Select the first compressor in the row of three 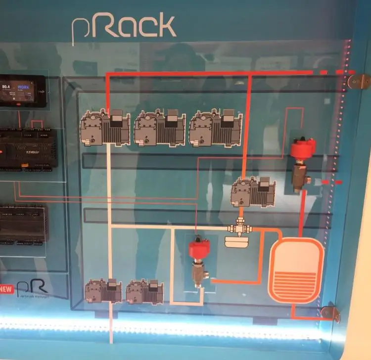[x=105, y=128]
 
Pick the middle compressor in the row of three [x=160, y=128]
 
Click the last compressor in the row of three [x=216, y=128]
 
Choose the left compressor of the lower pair [x=103, y=291]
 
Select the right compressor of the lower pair [x=144, y=292]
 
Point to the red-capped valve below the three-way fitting [x=199, y=262]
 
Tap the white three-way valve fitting [x=239, y=229]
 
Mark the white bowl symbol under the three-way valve [x=239, y=242]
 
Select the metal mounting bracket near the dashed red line [x=358, y=81]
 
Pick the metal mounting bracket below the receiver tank [x=329, y=313]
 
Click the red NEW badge [x=6, y=289]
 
